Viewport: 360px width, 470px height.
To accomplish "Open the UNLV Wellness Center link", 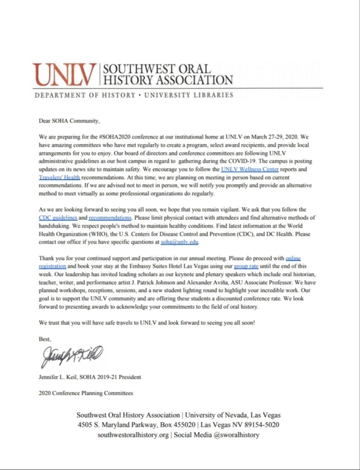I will point(250,169).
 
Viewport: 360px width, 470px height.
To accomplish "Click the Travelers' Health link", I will point(60,177).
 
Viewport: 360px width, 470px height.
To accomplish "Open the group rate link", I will point(246,266).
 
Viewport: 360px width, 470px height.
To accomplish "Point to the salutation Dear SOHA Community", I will point(69,121).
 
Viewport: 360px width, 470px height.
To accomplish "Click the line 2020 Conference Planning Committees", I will point(86,393).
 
